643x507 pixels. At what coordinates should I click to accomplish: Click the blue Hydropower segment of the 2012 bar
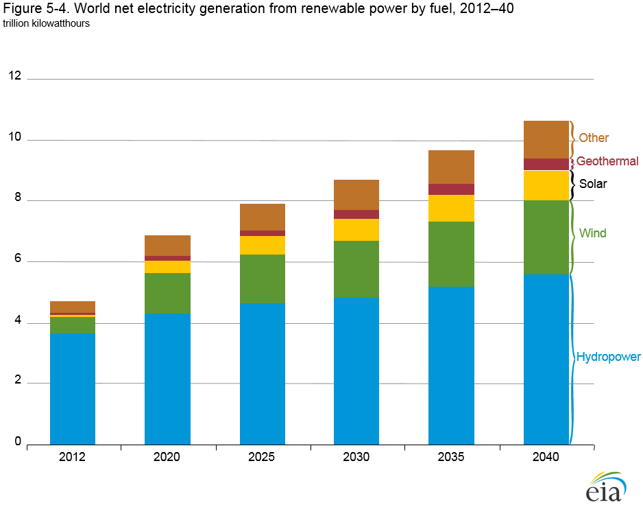tap(73, 388)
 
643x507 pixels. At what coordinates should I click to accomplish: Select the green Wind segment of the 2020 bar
tap(167, 293)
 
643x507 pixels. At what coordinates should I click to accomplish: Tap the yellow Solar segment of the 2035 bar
tap(451, 208)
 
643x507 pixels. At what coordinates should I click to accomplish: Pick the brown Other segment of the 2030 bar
tap(356, 195)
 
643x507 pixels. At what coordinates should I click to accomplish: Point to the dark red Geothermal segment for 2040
tap(546, 164)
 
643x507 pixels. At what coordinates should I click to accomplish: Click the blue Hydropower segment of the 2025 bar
tap(263, 373)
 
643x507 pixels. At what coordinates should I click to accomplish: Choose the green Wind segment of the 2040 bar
tap(546, 237)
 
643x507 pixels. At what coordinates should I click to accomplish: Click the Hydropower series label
tap(608, 357)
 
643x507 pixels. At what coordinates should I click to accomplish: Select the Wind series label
tap(592, 233)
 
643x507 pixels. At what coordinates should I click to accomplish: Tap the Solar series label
tap(592, 184)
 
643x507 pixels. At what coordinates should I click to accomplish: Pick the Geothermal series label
tap(607, 161)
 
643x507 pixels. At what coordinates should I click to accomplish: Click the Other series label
tap(593, 138)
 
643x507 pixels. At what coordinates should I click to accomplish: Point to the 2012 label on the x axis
tap(73, 457)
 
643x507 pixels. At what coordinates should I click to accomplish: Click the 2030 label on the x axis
tap(356, 457)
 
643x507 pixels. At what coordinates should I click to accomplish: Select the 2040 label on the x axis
tap(546, 457)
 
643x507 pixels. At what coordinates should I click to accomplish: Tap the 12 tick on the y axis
tap(14, 77)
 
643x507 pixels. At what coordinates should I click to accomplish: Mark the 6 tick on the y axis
tap(17, 261)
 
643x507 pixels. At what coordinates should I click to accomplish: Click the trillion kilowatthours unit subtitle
tap(46, 23)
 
